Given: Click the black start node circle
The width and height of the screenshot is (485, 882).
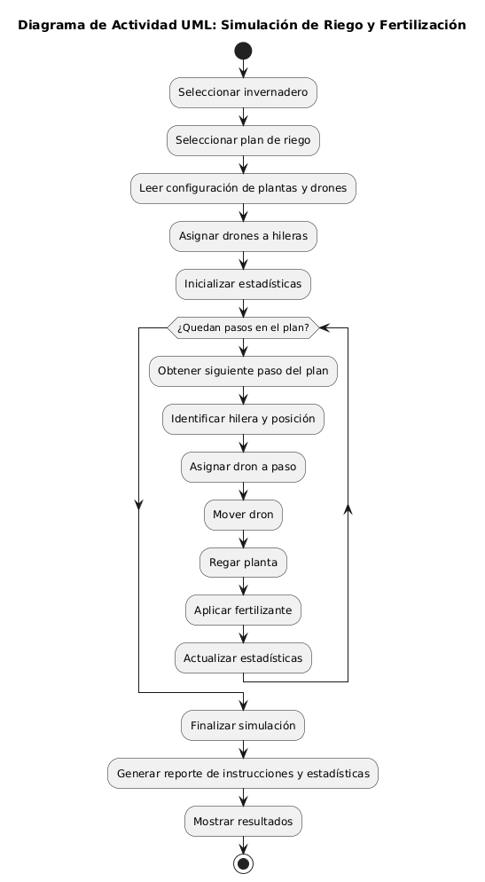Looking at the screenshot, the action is point(243,51).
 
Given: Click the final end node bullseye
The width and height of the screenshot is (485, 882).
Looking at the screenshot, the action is point(243,863).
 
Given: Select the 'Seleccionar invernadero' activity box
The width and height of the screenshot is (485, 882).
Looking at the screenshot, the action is point(243,92).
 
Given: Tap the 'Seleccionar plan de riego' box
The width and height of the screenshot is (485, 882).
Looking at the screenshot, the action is point(243,140).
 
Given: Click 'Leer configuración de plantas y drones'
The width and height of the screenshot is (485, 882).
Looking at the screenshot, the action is point(243,188).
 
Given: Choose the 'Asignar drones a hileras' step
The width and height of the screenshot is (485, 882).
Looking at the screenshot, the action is point(243,236).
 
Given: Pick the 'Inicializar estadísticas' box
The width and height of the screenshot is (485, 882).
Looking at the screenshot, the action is point(243,284).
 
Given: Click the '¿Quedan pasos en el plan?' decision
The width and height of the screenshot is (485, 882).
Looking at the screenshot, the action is point(243,328).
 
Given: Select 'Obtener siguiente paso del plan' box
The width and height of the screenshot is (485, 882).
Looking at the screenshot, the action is point(243,371).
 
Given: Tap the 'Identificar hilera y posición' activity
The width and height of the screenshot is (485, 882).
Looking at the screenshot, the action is point(243,419).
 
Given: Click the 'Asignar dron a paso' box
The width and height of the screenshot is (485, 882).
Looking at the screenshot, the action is point(243,467).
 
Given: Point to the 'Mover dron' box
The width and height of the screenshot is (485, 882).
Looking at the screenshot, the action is point(243,515).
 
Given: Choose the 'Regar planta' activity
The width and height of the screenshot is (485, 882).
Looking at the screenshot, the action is point(243,563).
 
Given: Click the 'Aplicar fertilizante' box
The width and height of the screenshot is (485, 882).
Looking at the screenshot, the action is point(243,610).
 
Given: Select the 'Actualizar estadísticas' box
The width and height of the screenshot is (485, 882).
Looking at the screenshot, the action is point(243,658).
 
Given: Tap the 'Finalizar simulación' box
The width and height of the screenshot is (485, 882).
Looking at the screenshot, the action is point(243,726).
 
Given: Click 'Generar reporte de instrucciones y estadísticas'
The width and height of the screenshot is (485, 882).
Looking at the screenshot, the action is point(243,774).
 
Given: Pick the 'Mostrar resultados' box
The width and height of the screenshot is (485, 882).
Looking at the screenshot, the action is point(243,822).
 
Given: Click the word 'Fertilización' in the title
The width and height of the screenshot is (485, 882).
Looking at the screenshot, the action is point(423,26).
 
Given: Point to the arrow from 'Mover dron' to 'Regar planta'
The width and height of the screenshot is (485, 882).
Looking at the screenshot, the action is point(243,539).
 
